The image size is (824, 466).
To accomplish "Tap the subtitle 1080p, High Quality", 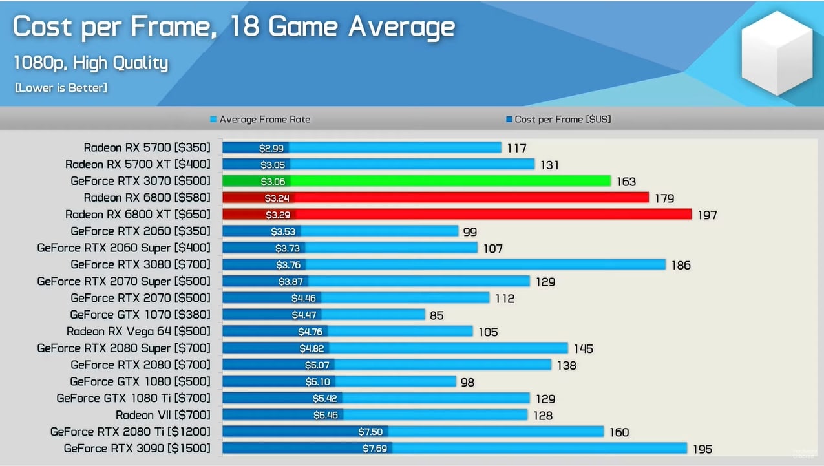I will [90, 63].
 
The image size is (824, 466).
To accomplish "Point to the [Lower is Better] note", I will [61, 87].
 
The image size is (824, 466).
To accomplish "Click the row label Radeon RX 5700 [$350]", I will [147, 148].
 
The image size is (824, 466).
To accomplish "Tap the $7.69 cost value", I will [375, 449].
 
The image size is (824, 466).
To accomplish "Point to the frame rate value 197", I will [707, 215].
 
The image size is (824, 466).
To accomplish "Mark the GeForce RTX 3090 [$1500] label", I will [137, 449].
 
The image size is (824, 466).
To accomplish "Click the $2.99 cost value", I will [271, 148].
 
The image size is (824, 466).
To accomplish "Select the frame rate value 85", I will [436, 315].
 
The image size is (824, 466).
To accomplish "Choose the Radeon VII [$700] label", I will [163, 415].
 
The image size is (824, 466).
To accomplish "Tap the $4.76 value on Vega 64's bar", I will [311, 332].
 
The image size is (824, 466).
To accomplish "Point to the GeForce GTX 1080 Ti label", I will [133, 398].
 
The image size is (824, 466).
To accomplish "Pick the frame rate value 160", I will [619, 432].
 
